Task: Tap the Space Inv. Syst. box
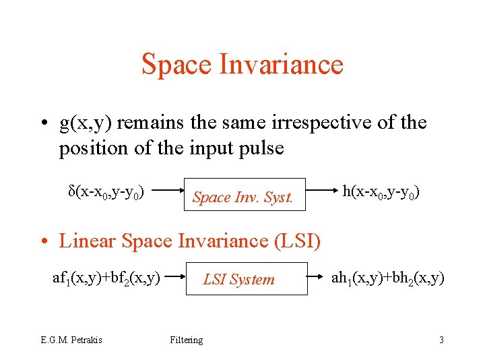click(x=244, y=197)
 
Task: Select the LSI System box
click(x=246, y=279)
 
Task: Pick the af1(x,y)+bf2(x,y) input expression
click(x=106, y=277)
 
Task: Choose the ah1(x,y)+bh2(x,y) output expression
click(x=387, y=277)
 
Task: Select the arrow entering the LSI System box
click(x=173, y=276)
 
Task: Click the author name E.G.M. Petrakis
click(x=70, y=340)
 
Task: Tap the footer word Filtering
click(x=187, y=340)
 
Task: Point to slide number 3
click(x=441, y=340)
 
